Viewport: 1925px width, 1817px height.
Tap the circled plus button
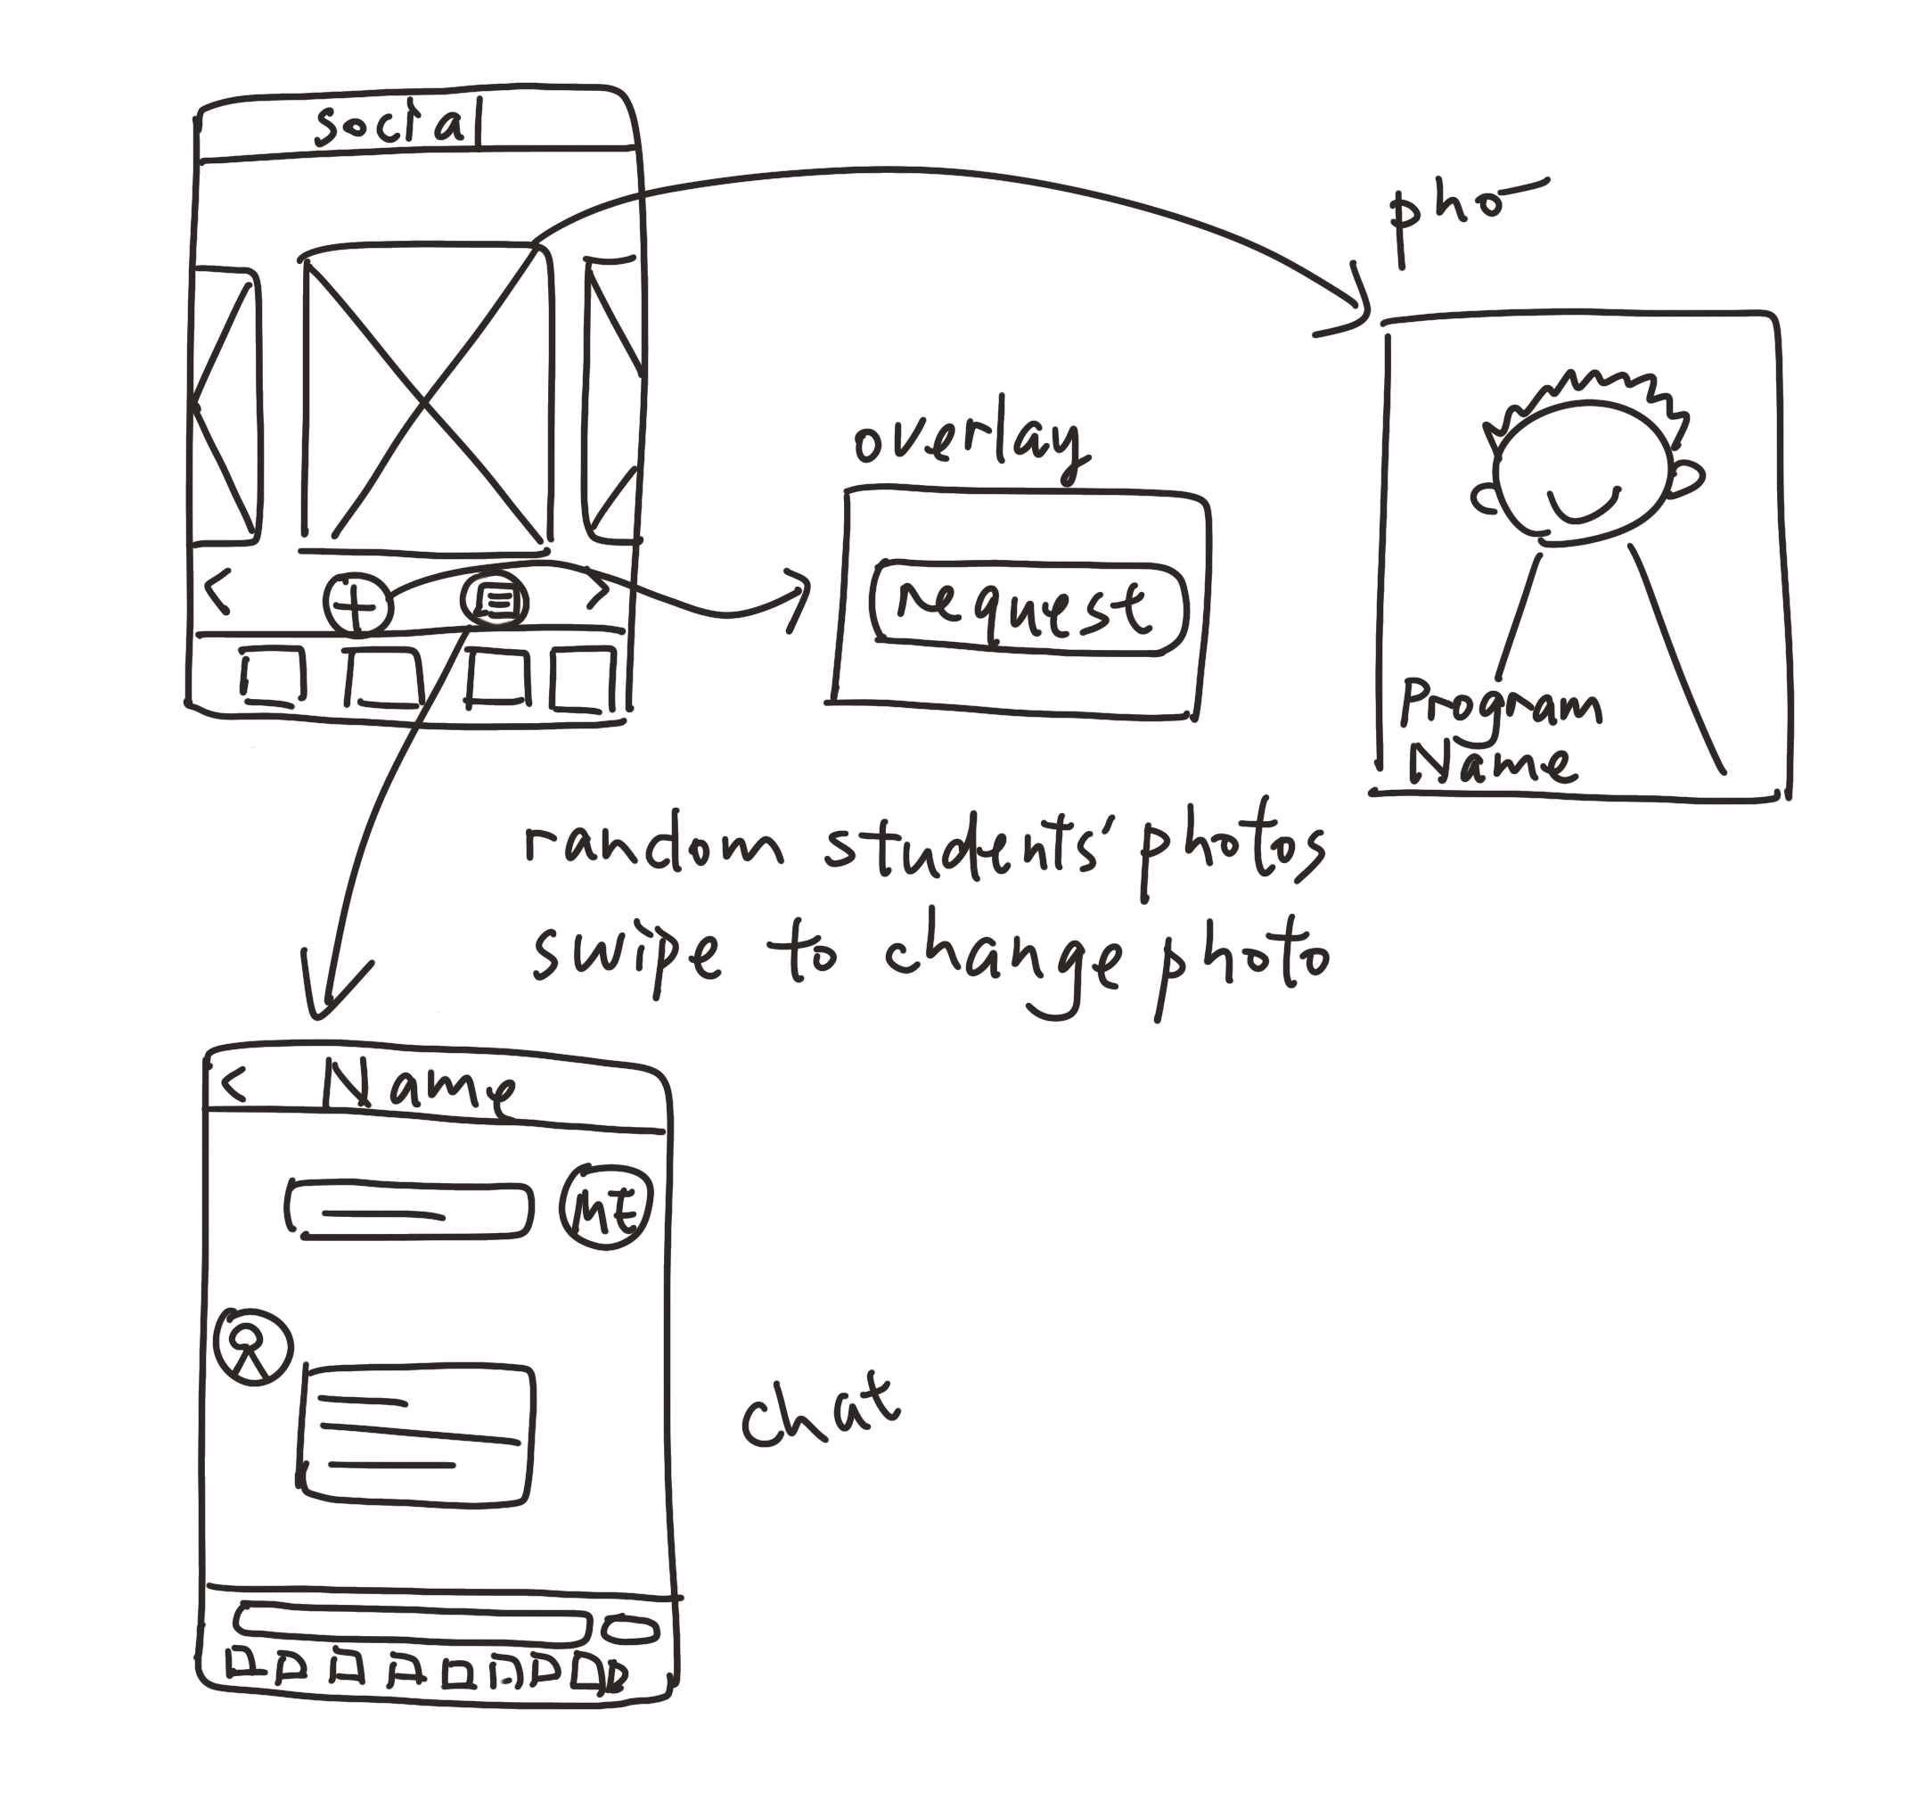(357, 606)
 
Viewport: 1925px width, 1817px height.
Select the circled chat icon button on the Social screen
(496, 602)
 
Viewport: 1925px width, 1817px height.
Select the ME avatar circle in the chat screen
(606, 1207)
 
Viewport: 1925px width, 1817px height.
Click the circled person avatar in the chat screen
(253, 1347)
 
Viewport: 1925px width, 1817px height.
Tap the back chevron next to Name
(233, 1084)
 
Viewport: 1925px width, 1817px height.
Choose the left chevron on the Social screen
(219, 592)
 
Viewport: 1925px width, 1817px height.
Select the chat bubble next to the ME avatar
(410, 1211)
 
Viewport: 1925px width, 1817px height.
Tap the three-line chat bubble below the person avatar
(417, 1435)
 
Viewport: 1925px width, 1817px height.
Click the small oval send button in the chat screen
(630, 1629)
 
